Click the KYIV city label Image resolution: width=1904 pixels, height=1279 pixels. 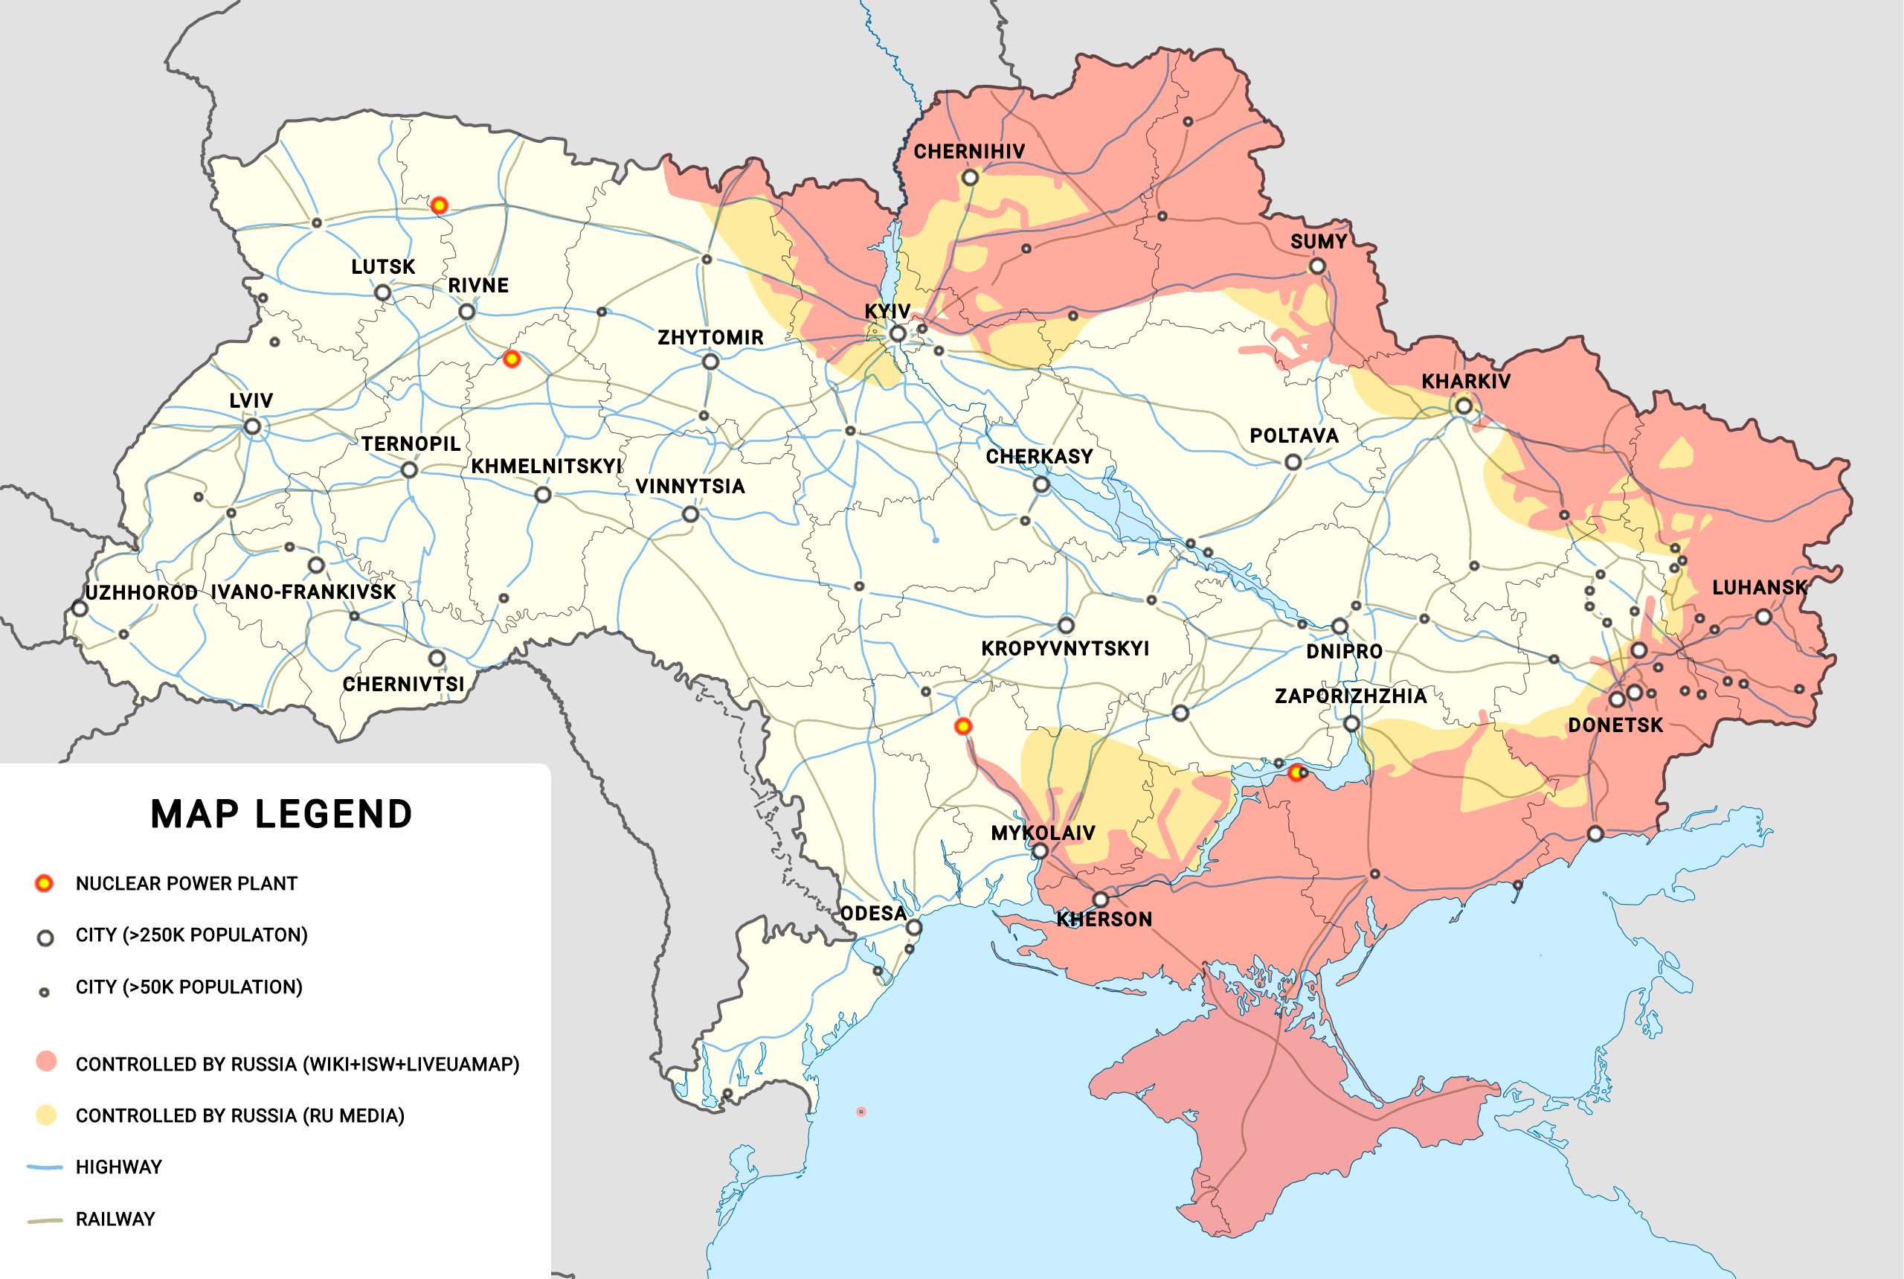(887, 311)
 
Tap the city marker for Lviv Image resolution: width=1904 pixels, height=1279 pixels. (253, 426)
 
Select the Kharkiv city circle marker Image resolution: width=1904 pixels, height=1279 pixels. (1464, 406)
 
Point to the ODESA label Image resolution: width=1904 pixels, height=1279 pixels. (873, 913)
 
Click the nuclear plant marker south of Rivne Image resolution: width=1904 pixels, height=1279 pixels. (511, 358)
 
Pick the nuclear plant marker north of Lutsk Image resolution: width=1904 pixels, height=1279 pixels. (439, 205)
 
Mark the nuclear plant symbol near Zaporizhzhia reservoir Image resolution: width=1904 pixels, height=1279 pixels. (1296, 772)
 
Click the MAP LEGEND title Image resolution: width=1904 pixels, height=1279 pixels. (281, 814)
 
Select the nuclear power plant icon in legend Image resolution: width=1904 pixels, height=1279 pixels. (44, 882)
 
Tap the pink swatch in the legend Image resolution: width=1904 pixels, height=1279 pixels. (46, 1061)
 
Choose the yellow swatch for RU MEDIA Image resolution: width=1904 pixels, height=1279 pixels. (46, 1115)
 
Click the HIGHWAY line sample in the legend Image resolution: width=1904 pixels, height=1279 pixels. (45, 1167)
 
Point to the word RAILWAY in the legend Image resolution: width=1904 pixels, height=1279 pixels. (115, 1219)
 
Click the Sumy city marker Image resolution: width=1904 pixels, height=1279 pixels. (1317, 266)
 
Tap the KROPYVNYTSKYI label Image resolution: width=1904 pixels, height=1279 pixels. (1064, 649)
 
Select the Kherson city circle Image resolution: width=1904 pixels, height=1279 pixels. (1100, 900)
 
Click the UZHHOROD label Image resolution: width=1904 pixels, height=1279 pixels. (141, 592)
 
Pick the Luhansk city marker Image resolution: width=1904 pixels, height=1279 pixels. (1763, 617)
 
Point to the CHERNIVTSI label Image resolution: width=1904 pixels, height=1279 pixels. (403, 684)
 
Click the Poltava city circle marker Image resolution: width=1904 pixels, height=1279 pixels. (1293, 462)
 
